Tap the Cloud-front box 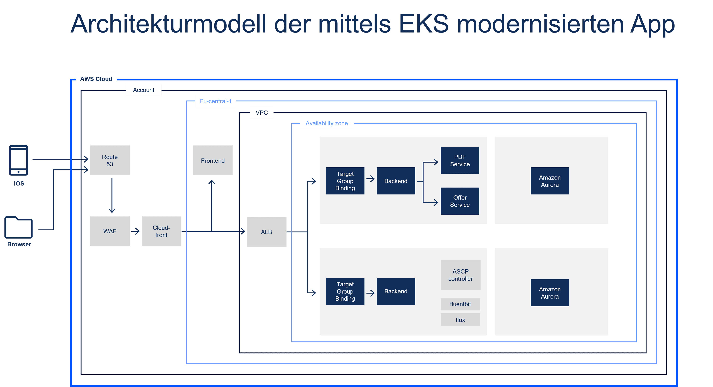(161, 231)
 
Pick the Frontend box (213, 160)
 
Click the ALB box (266, 232)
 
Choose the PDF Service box (460, 160)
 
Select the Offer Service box (460, 201)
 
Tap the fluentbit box (460, 304)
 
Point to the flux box (460, 320)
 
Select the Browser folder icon (19, 228)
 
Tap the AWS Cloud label (96, 79)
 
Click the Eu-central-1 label (215, 101)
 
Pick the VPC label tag (262, 112)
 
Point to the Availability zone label (327, 123)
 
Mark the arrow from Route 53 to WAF (112, 195)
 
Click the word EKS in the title (424, 24)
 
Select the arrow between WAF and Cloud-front (135, 231)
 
